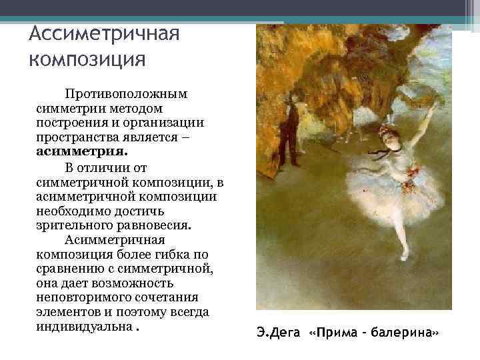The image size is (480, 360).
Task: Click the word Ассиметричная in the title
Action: click(x=105, y=35)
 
